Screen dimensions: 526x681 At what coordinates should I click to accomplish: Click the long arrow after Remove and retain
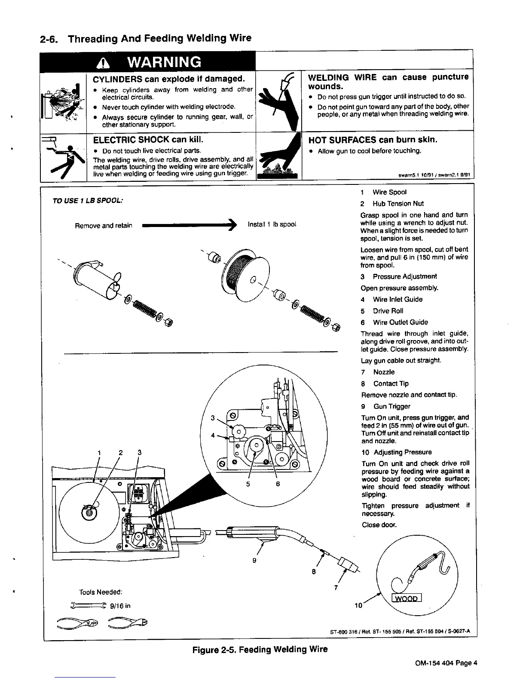point(189,225)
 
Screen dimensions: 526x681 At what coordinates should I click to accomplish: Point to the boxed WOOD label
point(407,598)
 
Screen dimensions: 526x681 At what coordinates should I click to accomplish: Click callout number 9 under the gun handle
point(254,561)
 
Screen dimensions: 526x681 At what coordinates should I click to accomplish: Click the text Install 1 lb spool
point(272,225)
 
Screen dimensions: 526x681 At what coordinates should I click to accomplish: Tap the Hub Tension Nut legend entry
point(392,204)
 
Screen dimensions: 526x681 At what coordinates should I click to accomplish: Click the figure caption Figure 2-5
point(260,649)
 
